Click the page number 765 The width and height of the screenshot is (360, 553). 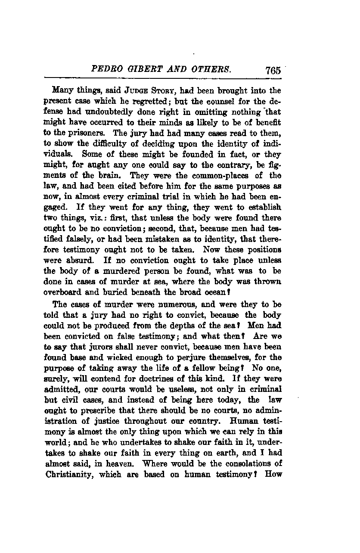pos(273,70)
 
